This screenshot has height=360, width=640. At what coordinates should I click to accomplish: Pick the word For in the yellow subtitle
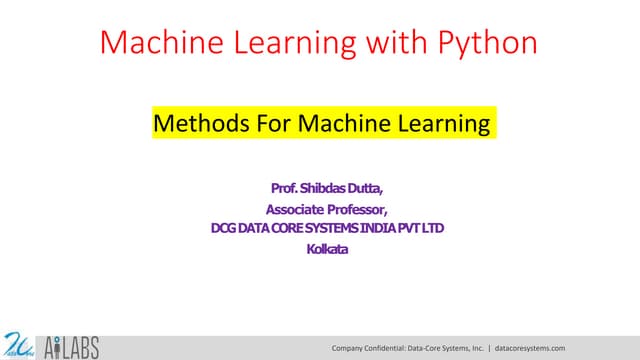coord(254,126)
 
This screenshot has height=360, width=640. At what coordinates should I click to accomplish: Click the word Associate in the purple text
coord(295,209)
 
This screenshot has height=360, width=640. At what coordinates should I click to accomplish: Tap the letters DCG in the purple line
coord(222,229)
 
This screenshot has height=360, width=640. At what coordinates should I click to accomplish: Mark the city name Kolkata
coord(327,249)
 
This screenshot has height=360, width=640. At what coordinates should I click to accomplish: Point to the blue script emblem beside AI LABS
coord(19,344)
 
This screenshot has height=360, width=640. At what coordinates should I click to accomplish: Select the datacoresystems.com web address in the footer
coord(531,347)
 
